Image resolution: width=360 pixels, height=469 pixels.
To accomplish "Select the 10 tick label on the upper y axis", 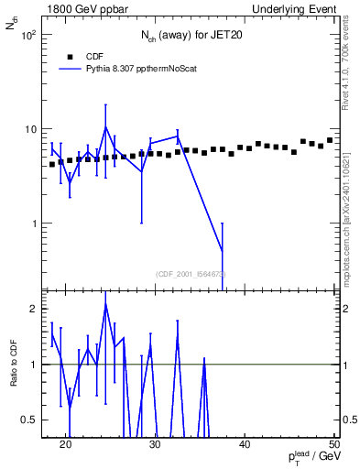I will click(30, 129).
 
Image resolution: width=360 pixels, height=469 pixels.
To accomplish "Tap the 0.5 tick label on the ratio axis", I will click(29, 420).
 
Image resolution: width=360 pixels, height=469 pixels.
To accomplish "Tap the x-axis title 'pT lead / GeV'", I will click(309, 457).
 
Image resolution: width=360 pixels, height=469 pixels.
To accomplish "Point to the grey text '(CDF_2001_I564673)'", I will click(191, 273).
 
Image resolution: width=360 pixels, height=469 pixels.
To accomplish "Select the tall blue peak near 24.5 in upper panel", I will click(105, 127).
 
